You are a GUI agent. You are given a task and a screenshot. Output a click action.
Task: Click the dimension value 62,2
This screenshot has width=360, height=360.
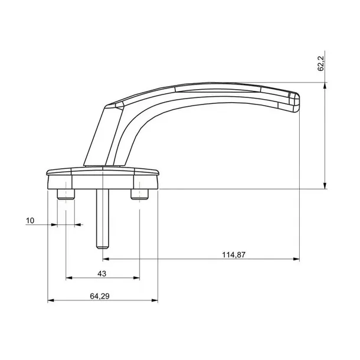click(320, 64)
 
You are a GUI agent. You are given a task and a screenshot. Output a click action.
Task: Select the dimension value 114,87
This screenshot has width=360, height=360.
click(234, 255)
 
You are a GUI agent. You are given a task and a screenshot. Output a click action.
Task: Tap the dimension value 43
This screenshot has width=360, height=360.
click(102, 274)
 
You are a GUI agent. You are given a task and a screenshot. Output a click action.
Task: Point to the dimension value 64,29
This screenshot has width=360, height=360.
click(100, 296)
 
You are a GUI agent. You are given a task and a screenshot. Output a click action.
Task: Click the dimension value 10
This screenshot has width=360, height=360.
click(30, 221)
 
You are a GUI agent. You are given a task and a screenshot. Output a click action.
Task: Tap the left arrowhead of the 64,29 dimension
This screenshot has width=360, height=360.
click(51, 300)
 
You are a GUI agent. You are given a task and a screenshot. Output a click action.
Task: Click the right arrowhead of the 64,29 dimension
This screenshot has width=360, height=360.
click(155, 300)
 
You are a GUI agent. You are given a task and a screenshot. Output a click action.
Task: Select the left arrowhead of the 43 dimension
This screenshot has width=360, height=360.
click(69, 278)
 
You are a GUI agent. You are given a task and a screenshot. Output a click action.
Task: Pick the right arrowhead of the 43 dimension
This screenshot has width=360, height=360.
click(136, 278)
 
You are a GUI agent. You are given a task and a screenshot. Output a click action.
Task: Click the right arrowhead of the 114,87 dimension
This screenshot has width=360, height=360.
click(296, 259)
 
